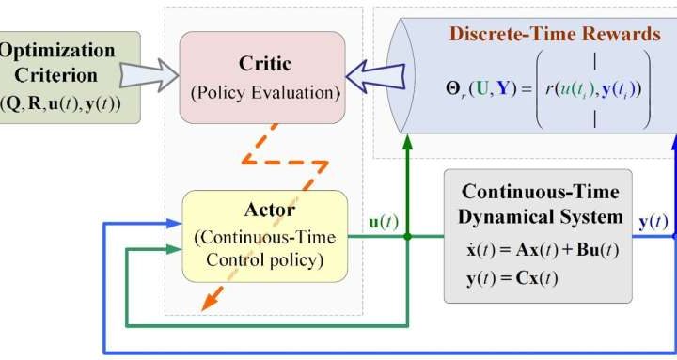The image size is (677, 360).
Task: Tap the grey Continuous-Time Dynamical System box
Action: (x=537, y=236)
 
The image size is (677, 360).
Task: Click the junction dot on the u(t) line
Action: (x=406, y=236)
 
